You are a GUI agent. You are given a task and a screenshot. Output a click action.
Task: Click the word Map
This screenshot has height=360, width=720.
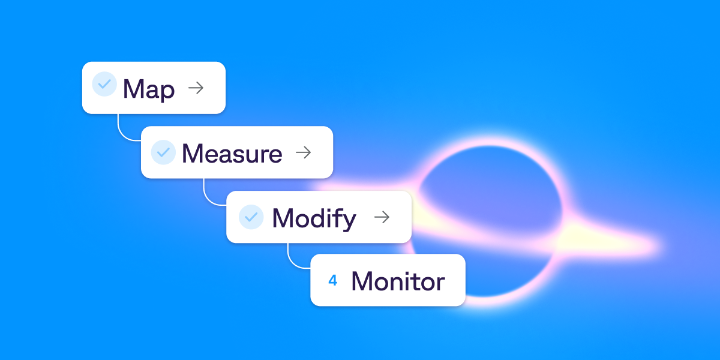[149, 89]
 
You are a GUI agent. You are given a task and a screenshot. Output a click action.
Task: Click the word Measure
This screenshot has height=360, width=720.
[232, 154]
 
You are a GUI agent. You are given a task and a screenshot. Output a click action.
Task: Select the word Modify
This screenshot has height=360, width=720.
[314, 218]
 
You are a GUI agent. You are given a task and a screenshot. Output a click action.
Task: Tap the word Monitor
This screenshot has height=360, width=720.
[398, 281]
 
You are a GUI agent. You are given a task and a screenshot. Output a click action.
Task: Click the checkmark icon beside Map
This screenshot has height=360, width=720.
[104, 84]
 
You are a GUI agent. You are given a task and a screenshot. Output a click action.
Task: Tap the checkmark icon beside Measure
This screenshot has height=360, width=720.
[163, 152]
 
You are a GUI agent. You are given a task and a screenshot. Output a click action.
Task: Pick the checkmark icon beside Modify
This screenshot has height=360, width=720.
[251, 217]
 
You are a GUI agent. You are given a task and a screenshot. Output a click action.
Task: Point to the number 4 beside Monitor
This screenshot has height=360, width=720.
[333, 280]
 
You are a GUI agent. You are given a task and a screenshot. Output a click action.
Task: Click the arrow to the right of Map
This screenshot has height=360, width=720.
[196, 88]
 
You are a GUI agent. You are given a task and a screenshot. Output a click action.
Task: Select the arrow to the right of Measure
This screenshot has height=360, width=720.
[304, 152]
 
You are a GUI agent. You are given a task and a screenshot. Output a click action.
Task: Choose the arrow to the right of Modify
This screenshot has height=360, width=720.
[382, 217]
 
